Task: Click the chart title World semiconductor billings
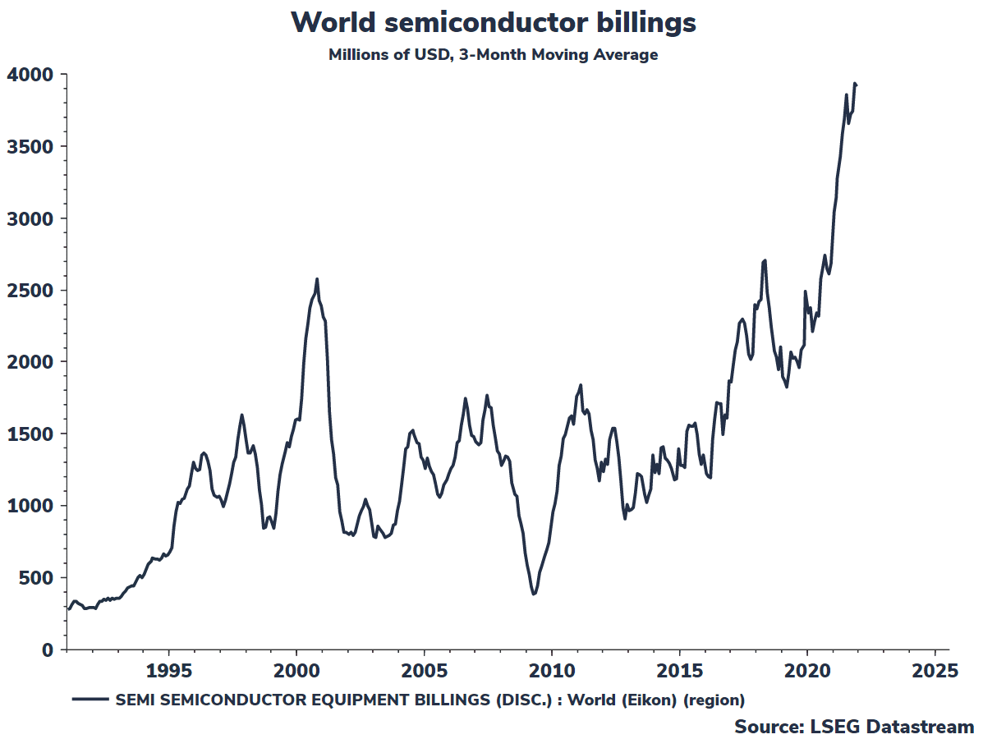(493, 22)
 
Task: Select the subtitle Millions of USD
(493, 55)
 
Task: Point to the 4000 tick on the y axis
(31, 75)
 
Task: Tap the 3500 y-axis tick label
(31, 146)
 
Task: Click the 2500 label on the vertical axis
(31, 290)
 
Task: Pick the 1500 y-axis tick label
(31, 434)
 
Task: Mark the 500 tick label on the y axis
(36, 577)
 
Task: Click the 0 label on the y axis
(48, 649)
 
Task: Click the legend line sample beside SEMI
(90, 700)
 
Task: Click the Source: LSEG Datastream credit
(854, 727)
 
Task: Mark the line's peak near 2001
(317, 279)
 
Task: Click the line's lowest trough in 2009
(534, 594)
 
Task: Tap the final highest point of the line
(855, 83)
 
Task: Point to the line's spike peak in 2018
(765, 260)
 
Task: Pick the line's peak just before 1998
(241, 415)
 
